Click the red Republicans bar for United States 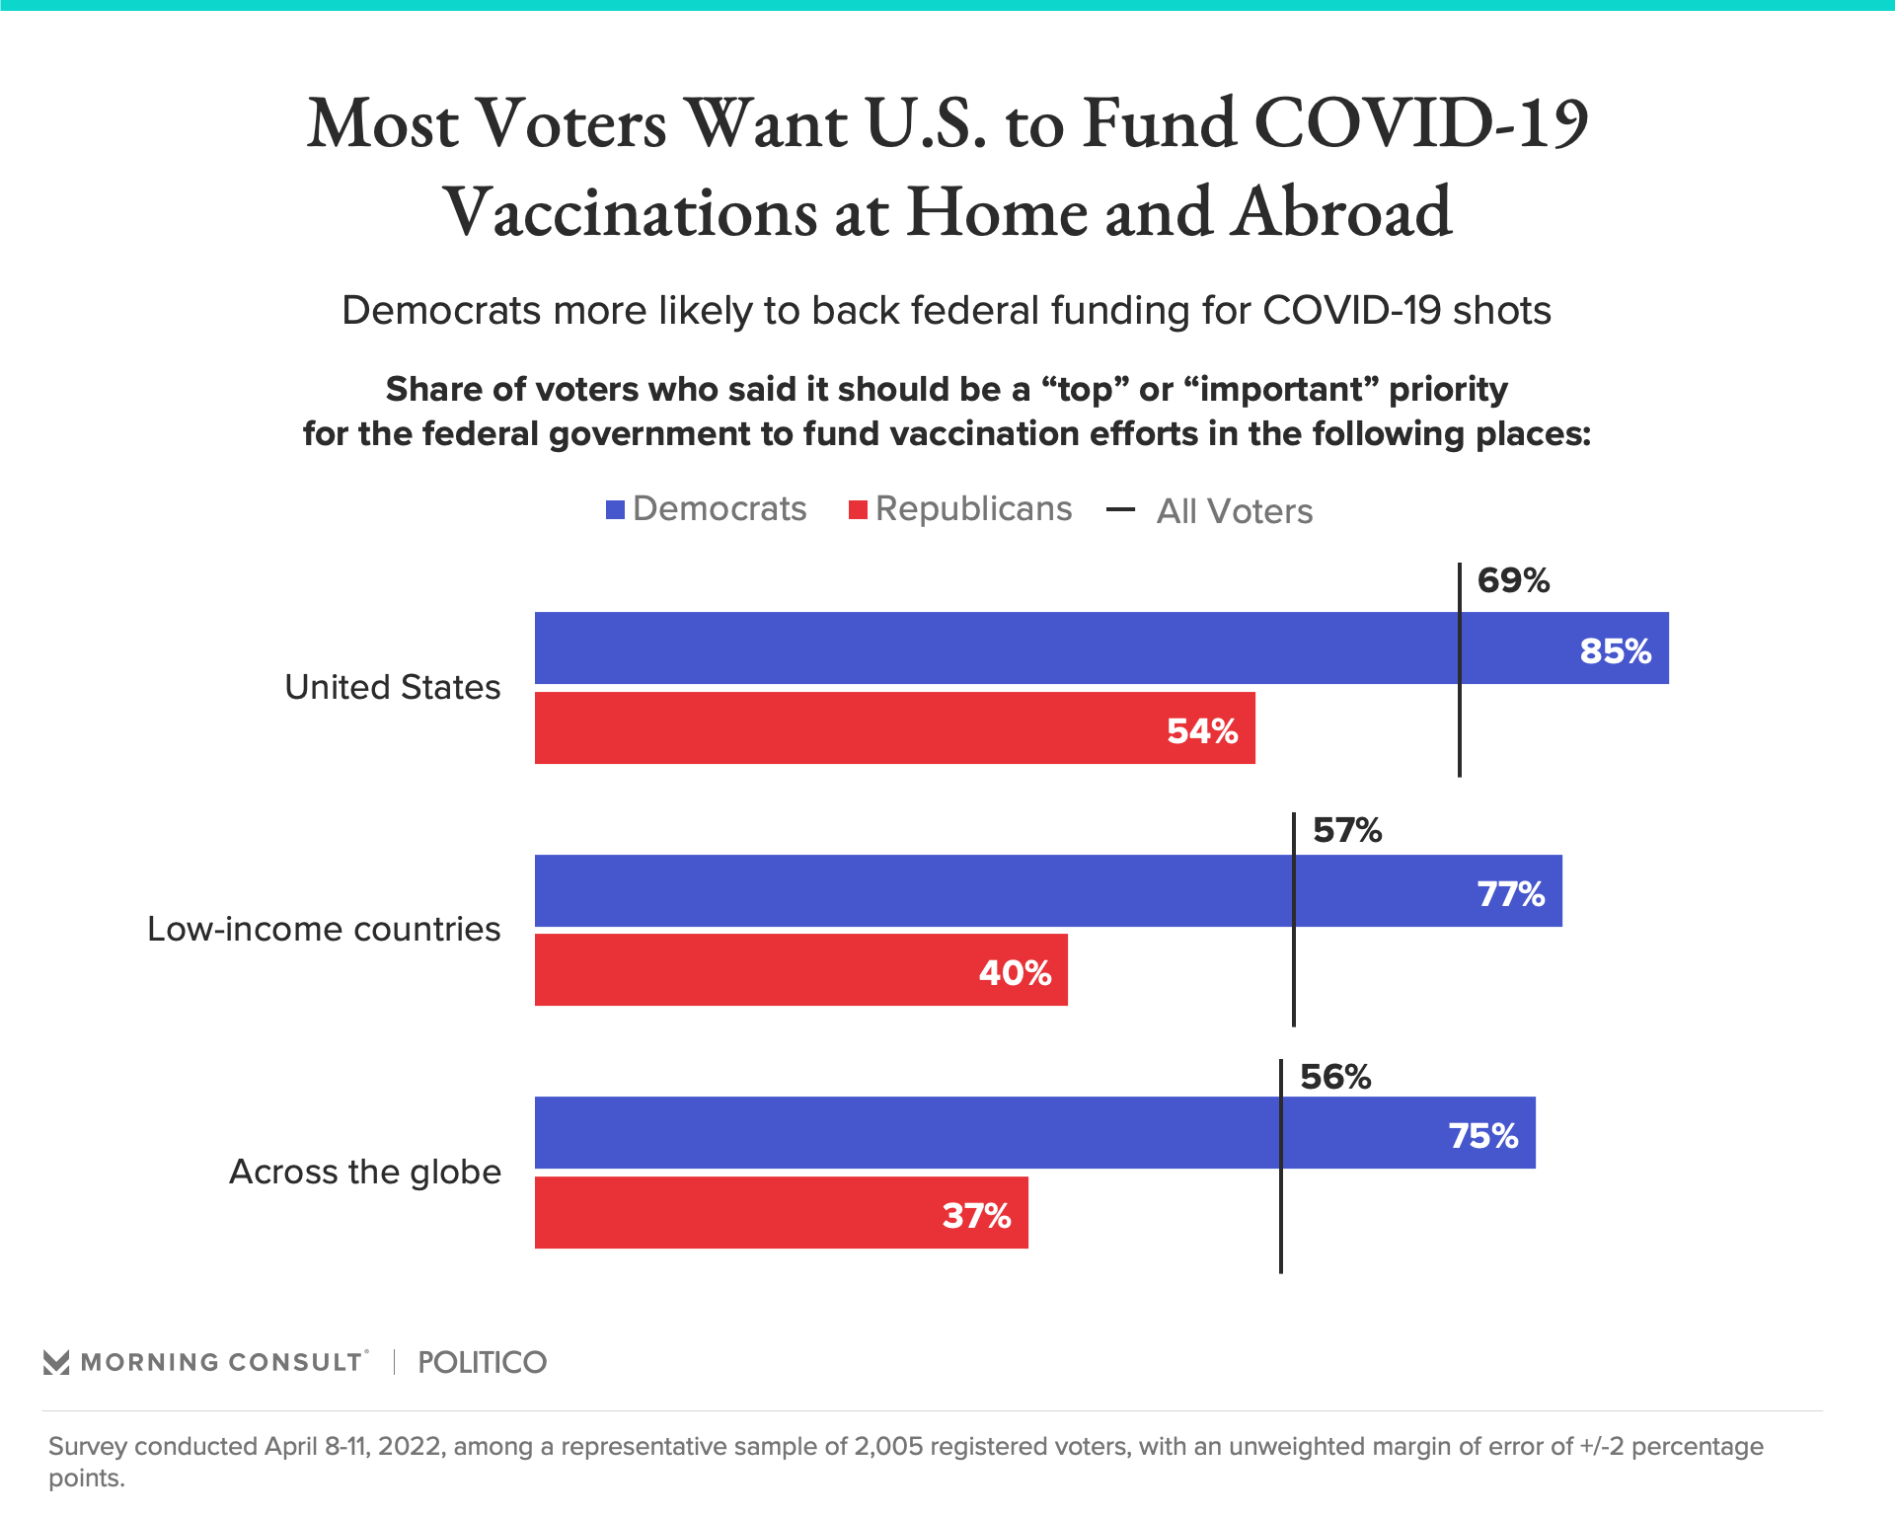pos(894,728)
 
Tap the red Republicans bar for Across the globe pos(781,1213)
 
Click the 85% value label pos(1615,651)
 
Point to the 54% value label pos(1201,731)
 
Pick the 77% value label pos(1510,894)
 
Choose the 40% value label pos(1015,973)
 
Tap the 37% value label pos(976,1216)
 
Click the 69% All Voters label pos(1513,580)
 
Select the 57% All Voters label pos(1347,830)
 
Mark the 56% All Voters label pos(1335,1077)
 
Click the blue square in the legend pos(616,510)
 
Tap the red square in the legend pos(858,510)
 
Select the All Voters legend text pos(1234,511)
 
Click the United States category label pos(392,687)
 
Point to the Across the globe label pos(365,1172)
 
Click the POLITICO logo pos(482,1363)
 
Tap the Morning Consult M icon pos(56,1363)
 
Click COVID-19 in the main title pos(1421,124)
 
